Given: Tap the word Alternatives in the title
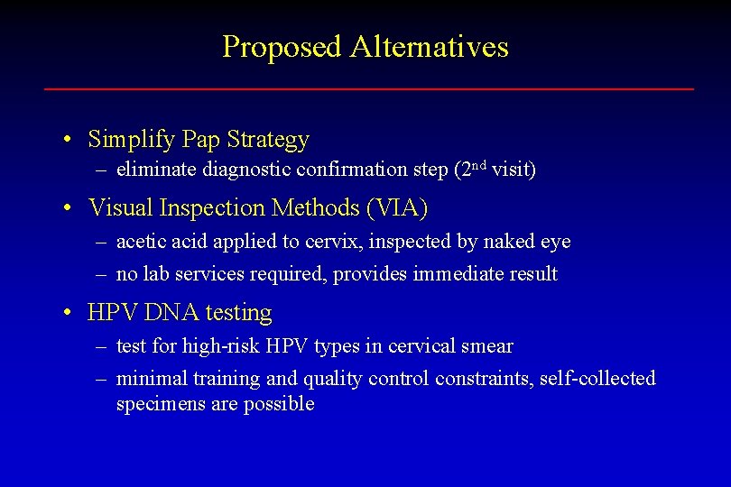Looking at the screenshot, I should click(430, 47).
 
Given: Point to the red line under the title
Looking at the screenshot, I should click(369, 88).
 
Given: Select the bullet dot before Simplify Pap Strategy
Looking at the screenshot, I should click(68, 141).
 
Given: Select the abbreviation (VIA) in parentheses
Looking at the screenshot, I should click(397, 208).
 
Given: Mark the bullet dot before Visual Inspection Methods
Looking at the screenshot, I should click(68, 209).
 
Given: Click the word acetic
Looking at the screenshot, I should click(141, 242).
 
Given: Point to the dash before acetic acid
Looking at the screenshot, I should click(102, 243).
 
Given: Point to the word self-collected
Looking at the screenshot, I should click(597, 379).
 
